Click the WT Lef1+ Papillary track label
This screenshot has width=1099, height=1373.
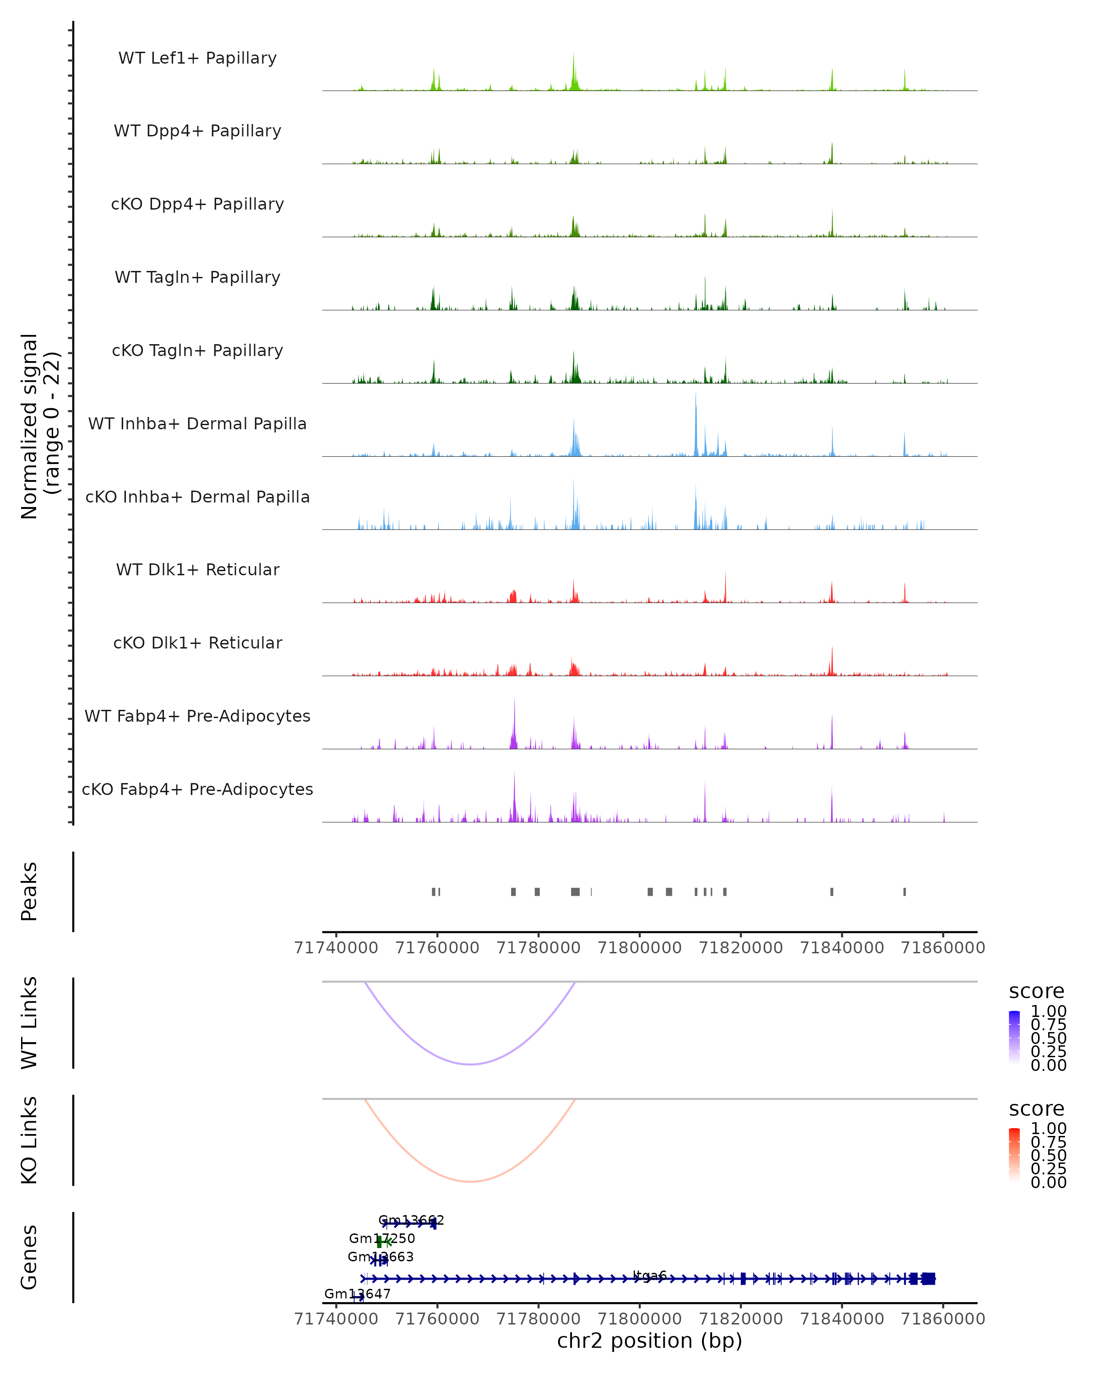[197, 58]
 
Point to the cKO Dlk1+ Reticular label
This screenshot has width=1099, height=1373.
[197, 643]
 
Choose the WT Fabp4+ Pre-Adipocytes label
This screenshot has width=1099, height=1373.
[197, 716]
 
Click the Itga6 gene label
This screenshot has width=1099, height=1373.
[650, 1276]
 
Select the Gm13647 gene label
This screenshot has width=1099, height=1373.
[358, 1293]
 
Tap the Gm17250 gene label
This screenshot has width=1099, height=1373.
[382, 1238]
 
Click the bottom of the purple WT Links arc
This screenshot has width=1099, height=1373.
[470, 1064]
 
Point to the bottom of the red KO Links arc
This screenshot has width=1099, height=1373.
[470, 1181]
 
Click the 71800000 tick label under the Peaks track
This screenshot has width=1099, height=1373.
[640, 948]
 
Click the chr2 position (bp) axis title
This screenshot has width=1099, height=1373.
[649, 1341]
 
